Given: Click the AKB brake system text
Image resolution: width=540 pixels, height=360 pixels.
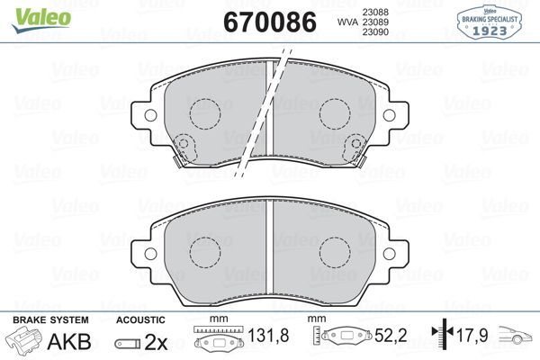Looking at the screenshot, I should (x=62, y=341).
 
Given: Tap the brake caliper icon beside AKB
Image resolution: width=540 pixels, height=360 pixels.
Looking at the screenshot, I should (x=23, y=341).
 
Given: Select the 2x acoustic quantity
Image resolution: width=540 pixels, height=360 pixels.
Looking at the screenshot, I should (x=155, y=342).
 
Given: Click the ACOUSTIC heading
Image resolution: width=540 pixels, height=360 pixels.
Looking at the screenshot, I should (x=140, y=319).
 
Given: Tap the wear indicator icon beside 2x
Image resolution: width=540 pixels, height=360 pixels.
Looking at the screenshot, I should (x=126, y=343).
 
